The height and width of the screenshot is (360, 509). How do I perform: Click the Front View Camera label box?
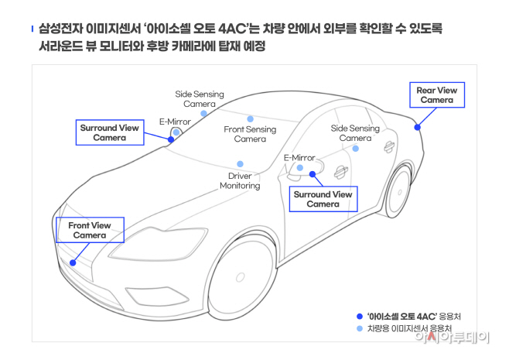tap(90, 230)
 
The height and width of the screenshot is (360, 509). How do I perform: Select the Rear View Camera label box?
tap(437, 95)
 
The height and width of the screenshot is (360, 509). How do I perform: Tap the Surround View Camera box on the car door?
tap(323, 199)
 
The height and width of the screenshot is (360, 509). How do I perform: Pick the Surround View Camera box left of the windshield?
tap(109, 132)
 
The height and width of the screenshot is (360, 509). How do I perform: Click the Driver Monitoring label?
tap(240, 181)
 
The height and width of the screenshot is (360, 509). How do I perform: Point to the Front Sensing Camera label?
tap(250, 134)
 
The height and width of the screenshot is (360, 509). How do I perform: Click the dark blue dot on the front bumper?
tap(73, 262)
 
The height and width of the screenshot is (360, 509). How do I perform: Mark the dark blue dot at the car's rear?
tap(418, 127)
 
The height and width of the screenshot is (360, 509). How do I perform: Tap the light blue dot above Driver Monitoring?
tap(240, 164)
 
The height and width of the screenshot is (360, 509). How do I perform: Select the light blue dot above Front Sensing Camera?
tap(250, 119)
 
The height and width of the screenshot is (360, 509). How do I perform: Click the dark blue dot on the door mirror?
tap(313, 175)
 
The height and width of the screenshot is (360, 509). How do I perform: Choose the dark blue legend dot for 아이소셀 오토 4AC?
tap(359, 316)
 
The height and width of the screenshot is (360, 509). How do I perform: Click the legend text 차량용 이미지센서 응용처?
tap(411, 329)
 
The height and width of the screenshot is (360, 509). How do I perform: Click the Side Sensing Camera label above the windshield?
tap(199, 98)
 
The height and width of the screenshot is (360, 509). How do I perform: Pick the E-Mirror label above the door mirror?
tap(299, 158)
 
